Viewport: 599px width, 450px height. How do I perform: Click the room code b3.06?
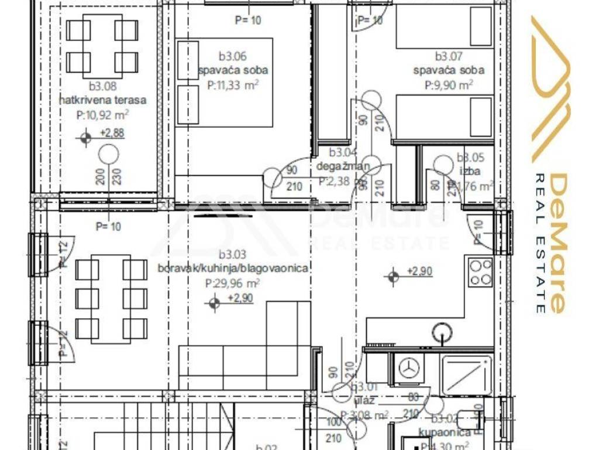(x=232, y=57)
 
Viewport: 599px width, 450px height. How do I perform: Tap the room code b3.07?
(x=449, y=57)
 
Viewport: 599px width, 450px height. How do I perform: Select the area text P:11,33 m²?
(x=233, y=84)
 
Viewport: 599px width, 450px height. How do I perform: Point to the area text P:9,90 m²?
(x=449, y=84)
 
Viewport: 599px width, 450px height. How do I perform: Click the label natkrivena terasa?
(x=102, y=100)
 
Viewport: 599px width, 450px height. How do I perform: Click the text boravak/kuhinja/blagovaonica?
(x=233, y=268)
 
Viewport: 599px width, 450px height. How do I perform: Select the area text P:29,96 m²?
(x=233, y=282)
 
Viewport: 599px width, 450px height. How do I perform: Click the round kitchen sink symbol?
(x=442, y=333)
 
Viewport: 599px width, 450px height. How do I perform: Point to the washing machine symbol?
(x=410, y=368)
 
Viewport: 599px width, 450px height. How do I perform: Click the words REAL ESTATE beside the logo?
(x=541, y=243)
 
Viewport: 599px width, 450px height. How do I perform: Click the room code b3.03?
(x=232, y=255)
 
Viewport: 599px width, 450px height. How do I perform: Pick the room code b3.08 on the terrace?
(x=103, y=87)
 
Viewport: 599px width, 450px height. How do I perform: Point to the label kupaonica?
(x=445, y=433)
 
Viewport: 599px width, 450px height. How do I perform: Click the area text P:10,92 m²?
(x=103, y=115)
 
